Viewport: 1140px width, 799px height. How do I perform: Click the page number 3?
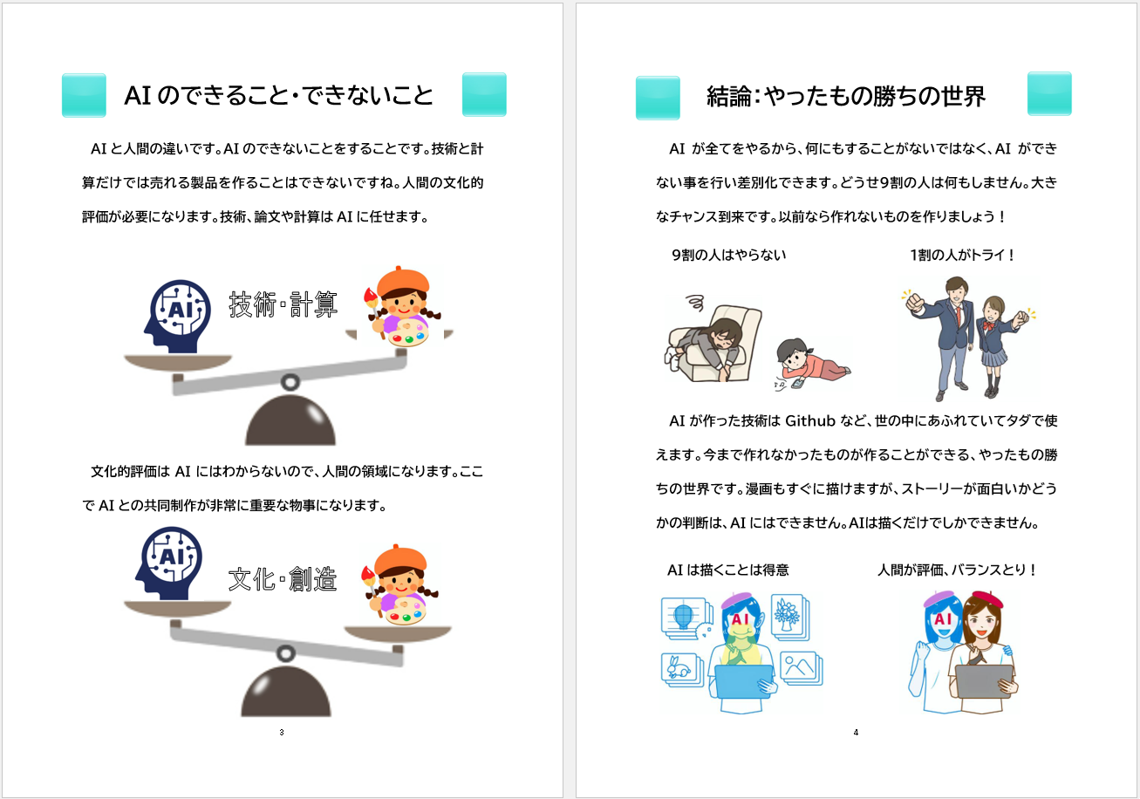(x=282, y=733)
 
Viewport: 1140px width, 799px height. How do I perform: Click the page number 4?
(x=856, y=733)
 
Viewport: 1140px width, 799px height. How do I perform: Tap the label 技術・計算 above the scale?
(x=283, y=304)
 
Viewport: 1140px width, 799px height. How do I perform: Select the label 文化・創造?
(x=283, y=579)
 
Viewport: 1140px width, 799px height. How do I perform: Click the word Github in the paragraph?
(x=810, y=421)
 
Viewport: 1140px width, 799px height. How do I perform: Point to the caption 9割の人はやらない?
(x=729, y=255)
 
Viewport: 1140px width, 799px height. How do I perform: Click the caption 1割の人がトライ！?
(x=962, y=255)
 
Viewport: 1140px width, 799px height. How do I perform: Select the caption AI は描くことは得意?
(x=727, y=570)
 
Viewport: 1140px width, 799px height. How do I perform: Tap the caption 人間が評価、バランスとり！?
(x=957, y=570)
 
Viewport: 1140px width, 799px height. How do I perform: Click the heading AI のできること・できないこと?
(x=278, y=95)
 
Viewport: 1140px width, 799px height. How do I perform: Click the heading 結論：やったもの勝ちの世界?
(x=846, y=96)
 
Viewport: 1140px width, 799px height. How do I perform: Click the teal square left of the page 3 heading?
(x=84, y=95)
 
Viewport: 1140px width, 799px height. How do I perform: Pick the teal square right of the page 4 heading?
(x=1049, y=93)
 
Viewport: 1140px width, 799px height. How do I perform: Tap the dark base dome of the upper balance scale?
(x=290, y=420)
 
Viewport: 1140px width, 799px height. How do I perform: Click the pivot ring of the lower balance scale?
(x=286, y=653)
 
